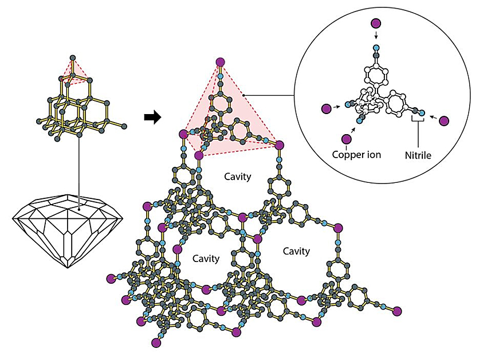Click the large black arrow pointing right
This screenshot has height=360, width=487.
point(151,117)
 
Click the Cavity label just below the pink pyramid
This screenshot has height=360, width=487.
point(238,177)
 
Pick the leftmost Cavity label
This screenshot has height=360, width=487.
point(206,259)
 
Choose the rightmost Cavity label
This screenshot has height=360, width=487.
point(296,251)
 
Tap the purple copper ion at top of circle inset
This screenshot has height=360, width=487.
point(376,24)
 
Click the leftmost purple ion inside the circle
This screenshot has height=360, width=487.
point(326,108)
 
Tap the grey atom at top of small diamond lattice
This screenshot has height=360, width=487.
point(72,58)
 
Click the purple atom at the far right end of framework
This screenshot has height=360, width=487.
point(397,310)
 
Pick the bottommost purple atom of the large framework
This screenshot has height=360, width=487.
point(155,343)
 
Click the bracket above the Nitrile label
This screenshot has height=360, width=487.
point(418,122)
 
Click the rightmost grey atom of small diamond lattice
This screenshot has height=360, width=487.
point(124,125)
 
